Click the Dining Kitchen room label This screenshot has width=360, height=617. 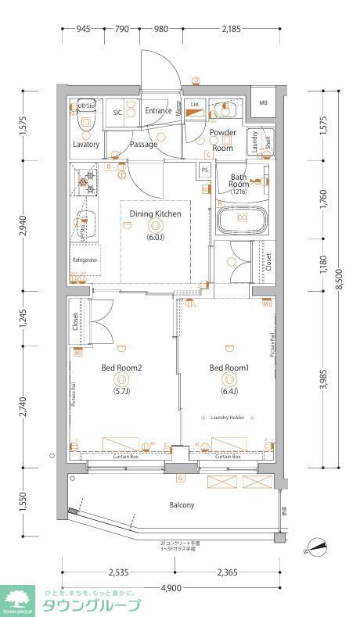[155, 213]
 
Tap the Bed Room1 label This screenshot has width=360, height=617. [229, 368]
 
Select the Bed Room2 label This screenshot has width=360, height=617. [121, 368]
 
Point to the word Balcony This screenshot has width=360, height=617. [182, 505]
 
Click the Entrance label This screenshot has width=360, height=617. [158, 111]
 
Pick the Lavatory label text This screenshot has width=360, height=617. [85, 145]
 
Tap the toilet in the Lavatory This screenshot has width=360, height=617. [85, 120]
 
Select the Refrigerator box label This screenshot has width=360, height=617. [85, 260]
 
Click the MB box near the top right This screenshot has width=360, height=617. [263, 103]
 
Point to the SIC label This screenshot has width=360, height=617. [117, 112]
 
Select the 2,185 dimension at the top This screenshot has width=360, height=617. [230, 30]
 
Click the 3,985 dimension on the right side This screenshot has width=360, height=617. [323, 380]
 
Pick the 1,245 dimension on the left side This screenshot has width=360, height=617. [23, 317]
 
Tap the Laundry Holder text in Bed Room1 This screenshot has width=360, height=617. [228, 418]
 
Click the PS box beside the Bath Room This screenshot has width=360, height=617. [205, 170]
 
